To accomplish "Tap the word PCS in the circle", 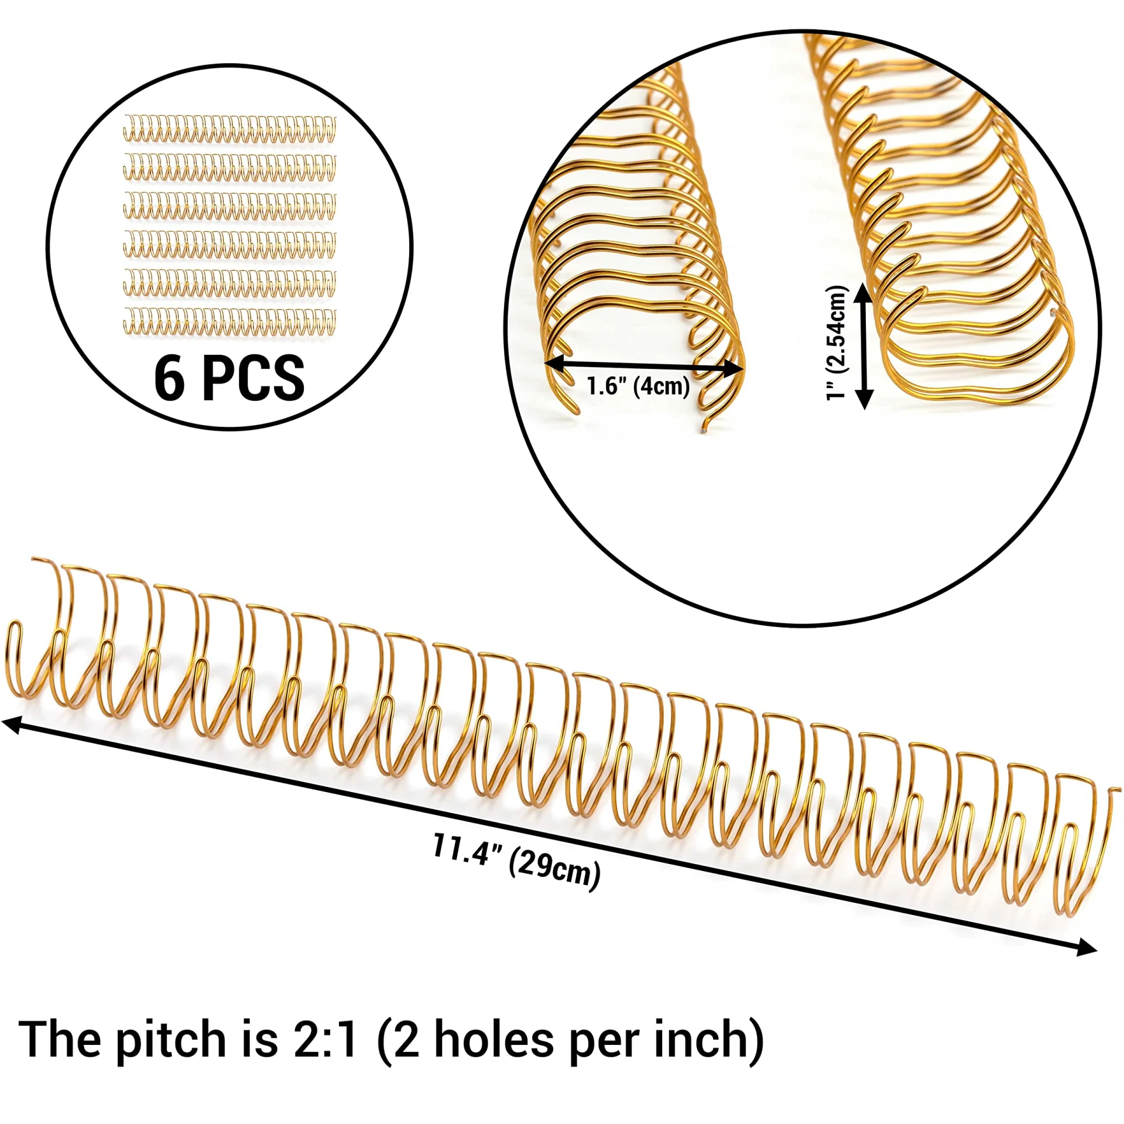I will click(x=253, y=378).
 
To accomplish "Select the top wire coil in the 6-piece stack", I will click(x=229, y=129).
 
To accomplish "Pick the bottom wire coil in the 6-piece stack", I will click(x=229, y=321).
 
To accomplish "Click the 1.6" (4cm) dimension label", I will click(x=638, y=386).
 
